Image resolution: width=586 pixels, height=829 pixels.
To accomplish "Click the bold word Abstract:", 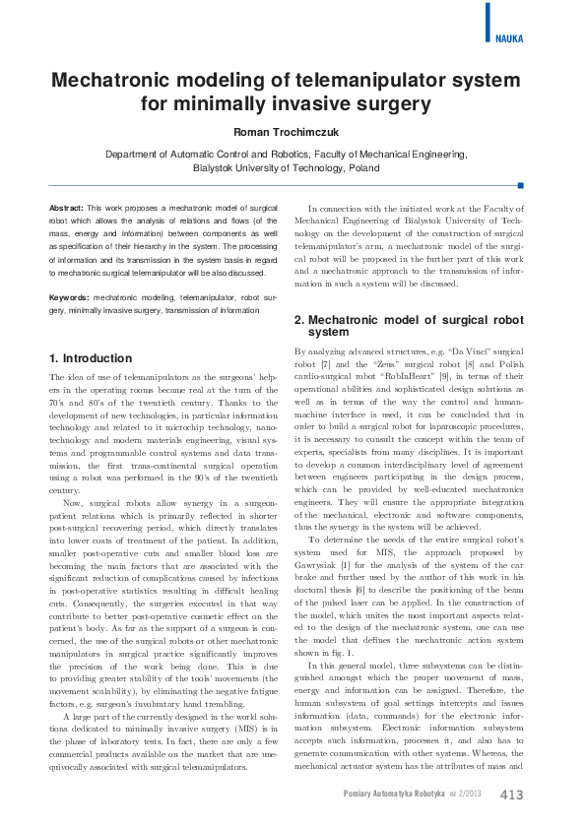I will pos(66,209).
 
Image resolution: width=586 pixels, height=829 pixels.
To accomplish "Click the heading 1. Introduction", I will pos(90,358).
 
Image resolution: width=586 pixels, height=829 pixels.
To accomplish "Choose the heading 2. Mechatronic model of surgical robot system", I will pos(408,326).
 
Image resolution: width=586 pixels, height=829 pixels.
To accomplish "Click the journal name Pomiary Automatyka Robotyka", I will pos(393,795).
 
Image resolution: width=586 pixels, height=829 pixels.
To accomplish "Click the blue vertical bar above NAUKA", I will pos(488,21).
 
